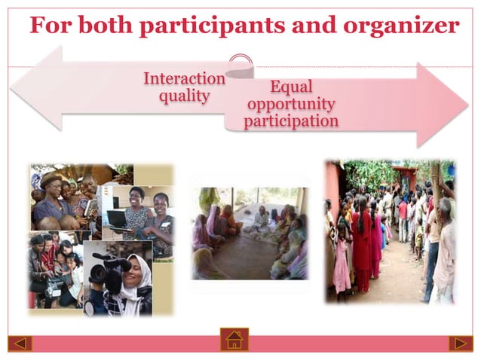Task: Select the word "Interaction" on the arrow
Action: pos(184,79)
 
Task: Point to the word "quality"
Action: pos(184,96)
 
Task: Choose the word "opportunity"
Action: pos(290,103)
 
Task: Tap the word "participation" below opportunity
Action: pos(290,121)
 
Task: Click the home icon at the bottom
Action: pos(234,340)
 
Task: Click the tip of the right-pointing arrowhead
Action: pos(467,105)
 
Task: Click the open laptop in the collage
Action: pos(116,218)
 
